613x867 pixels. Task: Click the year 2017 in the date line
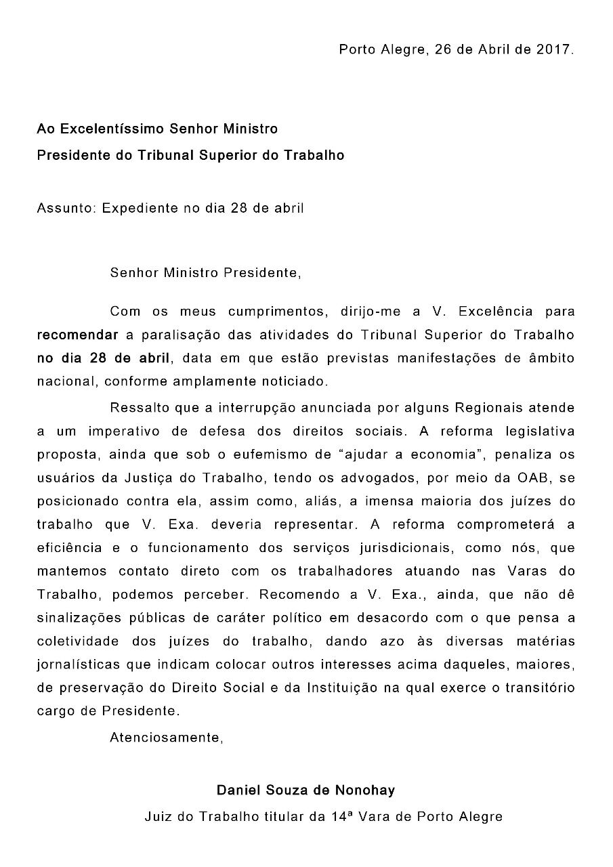[555, 49]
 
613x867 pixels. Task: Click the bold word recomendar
[78, 335]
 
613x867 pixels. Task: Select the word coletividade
[78, 641]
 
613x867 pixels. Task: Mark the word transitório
[539, 688]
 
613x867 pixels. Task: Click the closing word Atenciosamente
[166, 738]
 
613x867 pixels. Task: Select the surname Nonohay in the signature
[368, 790]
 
